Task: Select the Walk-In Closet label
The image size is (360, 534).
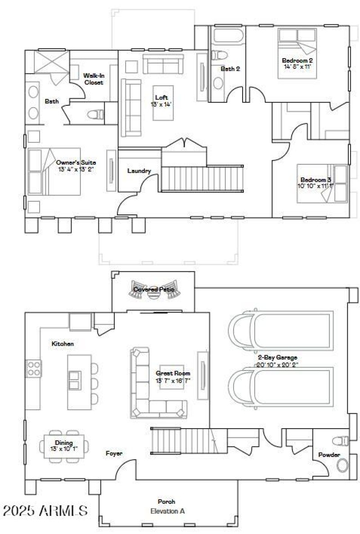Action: (94, 79)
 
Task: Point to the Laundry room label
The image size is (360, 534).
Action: (139, 171)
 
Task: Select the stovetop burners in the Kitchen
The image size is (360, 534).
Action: (34, 368)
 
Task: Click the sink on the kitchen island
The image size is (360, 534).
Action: (75, 376)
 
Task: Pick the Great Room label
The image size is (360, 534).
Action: (173, 373)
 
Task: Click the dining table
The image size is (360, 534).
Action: (64, 445)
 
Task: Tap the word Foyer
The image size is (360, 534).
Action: (114, 453)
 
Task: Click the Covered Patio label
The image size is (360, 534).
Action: (153, 290)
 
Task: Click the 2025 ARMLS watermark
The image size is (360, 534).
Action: (45, 511)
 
